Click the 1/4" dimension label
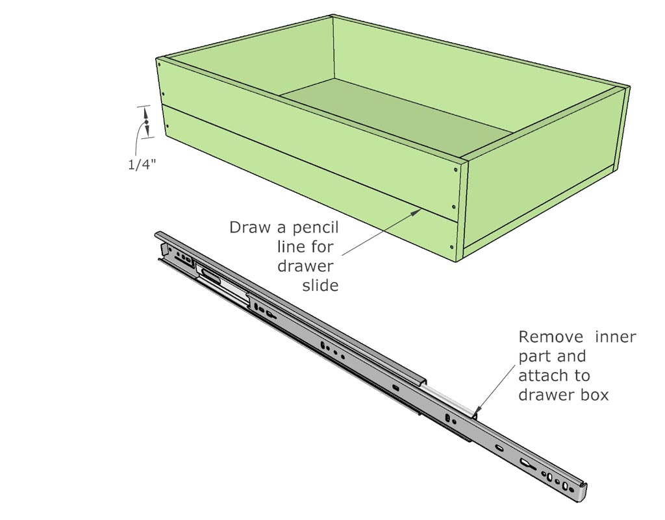pos(140,164)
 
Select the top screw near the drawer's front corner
pos(456,170)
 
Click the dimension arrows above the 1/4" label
pos(147,122)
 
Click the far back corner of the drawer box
pos(333,17)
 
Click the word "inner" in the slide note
pos(616,337)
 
